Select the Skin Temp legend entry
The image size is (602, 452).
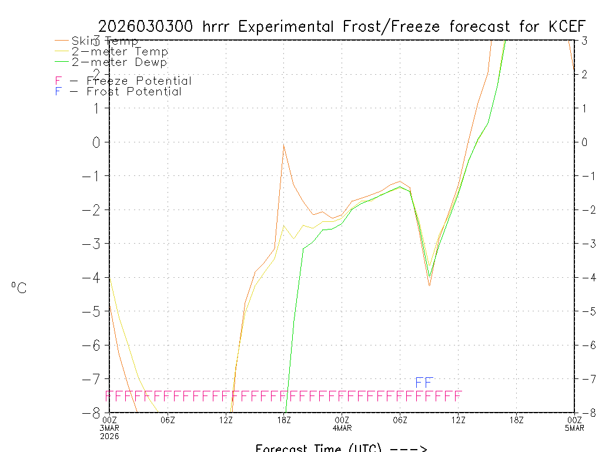(x=105, y=41)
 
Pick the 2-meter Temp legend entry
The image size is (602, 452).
(x=119, y=52)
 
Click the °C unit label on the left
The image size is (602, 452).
(x=19, y=288)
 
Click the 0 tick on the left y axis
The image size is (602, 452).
(x=97, y=142)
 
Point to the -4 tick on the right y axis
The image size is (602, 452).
(x=586, y=277)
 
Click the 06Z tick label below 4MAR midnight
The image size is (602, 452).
(x=400, y=420)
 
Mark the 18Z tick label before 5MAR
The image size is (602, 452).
(x=516, y=420)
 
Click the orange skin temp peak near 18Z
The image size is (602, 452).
(x=284, y=145)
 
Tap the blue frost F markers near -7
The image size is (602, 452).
(x=424, y=383)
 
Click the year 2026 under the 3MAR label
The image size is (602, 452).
(x=110, y=436)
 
